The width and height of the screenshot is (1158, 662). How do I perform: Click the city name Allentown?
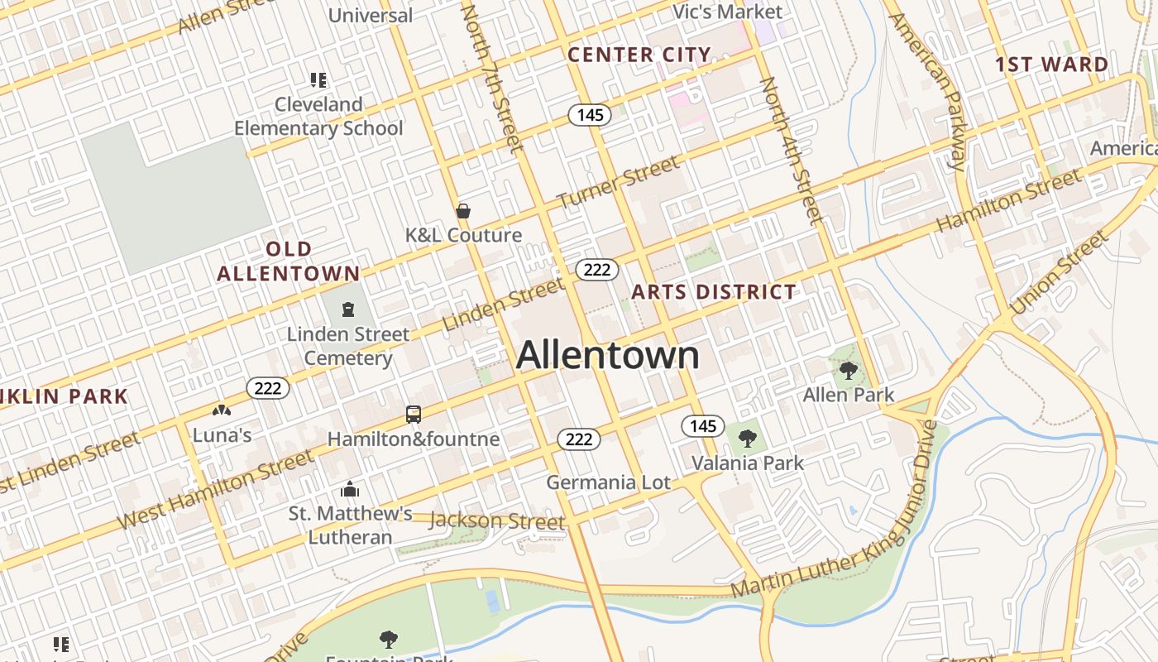[x=608, y=356]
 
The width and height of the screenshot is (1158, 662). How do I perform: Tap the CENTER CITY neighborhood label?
[x=639, y=55]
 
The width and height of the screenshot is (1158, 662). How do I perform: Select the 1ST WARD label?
[x=1051, y=65]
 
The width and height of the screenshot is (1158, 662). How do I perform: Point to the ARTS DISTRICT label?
[x=714, y=292]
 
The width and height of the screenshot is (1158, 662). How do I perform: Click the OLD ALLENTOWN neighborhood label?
[x=289, y=261]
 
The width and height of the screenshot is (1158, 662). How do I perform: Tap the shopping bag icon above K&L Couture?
[x=463, y=211]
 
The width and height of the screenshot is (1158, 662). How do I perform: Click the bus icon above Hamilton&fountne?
[x=414, y=415]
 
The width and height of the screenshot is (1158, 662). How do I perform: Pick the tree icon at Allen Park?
[x=848, y=370]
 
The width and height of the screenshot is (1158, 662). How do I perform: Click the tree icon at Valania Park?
[x=747, y=438]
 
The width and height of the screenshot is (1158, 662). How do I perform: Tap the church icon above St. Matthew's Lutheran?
[x=350, y=489]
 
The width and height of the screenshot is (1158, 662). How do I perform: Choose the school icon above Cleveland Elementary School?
[x=318, y=80]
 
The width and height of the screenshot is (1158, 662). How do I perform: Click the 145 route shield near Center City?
[x=590, y=115]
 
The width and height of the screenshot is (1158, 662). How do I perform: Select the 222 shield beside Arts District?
[x=596, y=269]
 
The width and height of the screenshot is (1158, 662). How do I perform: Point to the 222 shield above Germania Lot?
[x=578, y=439]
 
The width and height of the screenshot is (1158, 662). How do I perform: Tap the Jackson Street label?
[x=496, y=521]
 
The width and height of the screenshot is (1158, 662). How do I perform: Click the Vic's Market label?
[x=727, y=12]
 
